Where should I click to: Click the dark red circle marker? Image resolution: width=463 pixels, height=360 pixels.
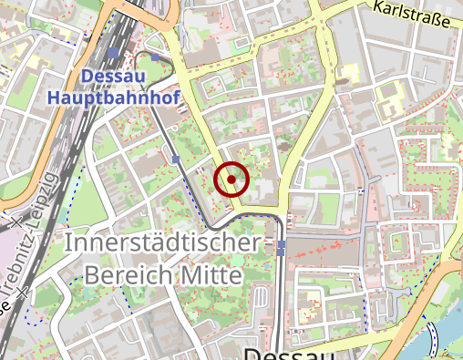(x=231, y=180)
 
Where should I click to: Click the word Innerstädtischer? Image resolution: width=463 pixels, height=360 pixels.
(x=163, y=244)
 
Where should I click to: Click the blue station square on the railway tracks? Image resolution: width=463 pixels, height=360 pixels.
(x=113, y=53)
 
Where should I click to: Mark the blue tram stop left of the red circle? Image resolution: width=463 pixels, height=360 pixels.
(x=175, y=159)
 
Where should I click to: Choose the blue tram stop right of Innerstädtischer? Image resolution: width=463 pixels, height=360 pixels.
(x=282, y=246)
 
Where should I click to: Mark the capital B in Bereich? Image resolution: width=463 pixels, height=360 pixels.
(x=90, y=274)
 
